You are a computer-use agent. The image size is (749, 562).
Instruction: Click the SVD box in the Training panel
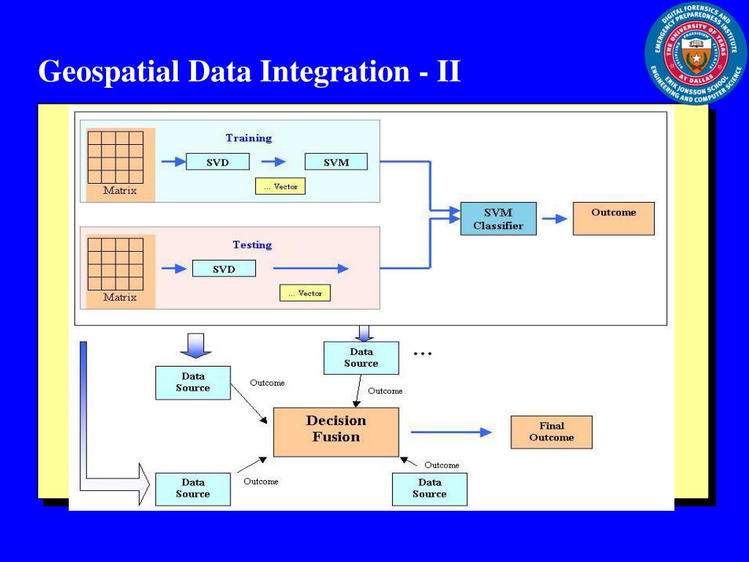click(x=218, y=162)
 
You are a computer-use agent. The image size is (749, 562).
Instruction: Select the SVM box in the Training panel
click(x=336, y=162)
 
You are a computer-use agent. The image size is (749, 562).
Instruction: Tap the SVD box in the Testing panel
click(x=224, y=269)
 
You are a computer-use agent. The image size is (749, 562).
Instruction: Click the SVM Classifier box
click(x=498, y=219)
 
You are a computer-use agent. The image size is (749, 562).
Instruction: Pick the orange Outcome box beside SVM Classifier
click(x=614, y=219)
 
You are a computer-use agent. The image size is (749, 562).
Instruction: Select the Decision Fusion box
click(x=336, y=432)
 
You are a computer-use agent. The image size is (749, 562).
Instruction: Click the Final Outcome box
click(x=552, y=432)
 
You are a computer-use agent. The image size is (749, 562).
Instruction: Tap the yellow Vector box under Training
click(x=280, y=187)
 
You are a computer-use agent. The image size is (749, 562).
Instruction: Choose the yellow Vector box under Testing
click(x=305, y=293)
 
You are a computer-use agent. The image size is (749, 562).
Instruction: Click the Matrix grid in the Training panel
click(x=115, y=157)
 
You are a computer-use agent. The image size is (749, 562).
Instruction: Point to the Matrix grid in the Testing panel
click(x=115, y=263)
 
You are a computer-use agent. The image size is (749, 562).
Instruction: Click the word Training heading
click(x=249, y=138)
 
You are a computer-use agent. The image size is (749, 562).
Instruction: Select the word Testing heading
click(x=252, y=244)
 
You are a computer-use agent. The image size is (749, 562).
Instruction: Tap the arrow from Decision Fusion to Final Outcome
click(x=451, y=432)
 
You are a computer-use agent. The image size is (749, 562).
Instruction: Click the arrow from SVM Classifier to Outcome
click(x=554, y=218)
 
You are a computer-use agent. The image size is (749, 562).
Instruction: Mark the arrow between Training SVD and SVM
click(x=274, y=162)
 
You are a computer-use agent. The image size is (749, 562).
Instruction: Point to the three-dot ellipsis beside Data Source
click(x=423, y=353)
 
